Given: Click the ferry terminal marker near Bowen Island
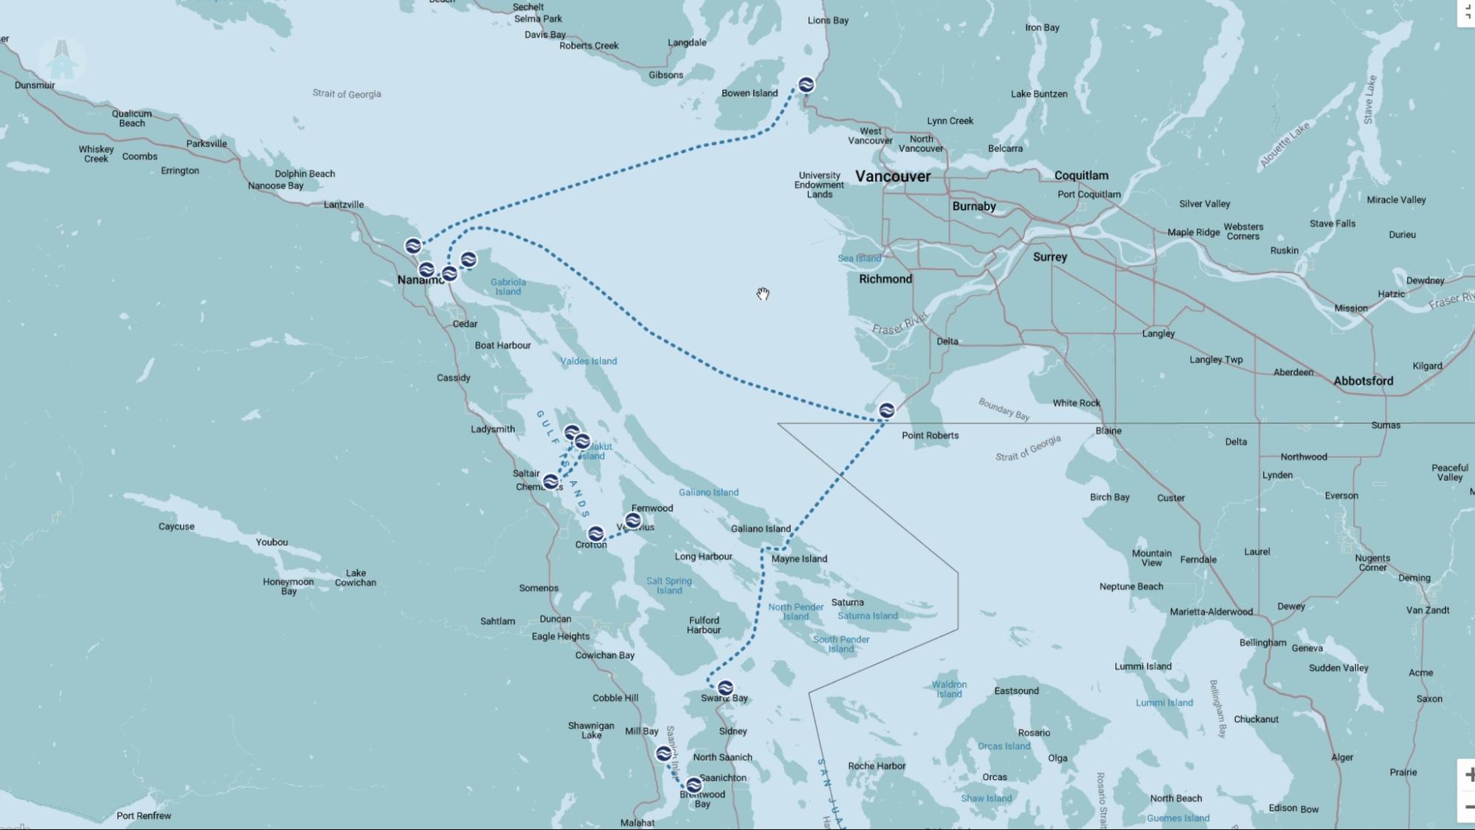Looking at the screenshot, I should click(x=806, y=85).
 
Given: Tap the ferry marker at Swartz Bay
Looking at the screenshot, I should click(x=725, y=688).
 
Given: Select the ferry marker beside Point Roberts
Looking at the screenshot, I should click(x=886, y=410).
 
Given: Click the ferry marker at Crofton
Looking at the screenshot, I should click(x=595, y=533).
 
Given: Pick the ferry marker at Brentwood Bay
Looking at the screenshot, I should click(x=693, y=784).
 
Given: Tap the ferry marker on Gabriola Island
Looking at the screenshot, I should click(x=468, y=260).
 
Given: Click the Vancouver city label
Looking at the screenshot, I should click(x=893, y=176).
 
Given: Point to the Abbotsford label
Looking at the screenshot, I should click(x=1363, y=381).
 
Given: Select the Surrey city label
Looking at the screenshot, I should click(x=1049, y=257).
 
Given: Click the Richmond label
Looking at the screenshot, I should click(x=885, y=279).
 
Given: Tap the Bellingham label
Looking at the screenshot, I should click(x=1262, y=643).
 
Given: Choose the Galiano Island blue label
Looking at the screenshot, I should click(x=708, y=492).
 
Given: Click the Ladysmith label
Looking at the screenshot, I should click(x=493, y=429).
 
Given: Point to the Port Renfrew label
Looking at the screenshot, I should click(x=144, y=815).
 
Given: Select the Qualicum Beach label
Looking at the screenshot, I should click(x=132, y=118).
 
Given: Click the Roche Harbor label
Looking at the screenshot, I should click(x=876, y=766).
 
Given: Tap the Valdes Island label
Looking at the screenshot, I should click(x=588, y=361).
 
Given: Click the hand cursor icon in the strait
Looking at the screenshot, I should click(x=763, y=294).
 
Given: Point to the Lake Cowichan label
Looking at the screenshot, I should click(x=355, y=578).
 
